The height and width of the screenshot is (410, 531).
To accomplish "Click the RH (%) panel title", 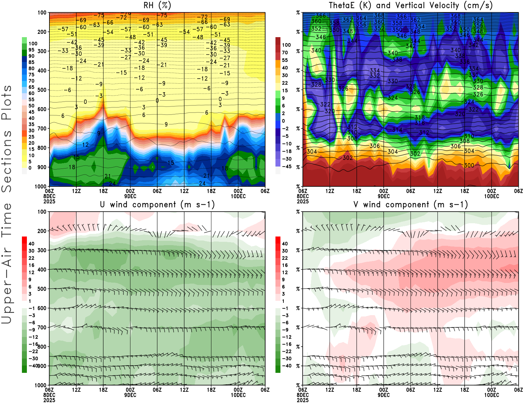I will point(157,6).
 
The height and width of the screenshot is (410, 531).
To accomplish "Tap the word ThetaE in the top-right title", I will point(344,6).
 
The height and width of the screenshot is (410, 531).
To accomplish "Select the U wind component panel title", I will point(157,205).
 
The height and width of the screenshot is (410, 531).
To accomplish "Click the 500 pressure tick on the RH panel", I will point(42,90).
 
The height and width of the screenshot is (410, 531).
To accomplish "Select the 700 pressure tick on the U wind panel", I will point(42,327).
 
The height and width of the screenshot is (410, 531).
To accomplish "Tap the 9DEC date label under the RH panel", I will point(130,196).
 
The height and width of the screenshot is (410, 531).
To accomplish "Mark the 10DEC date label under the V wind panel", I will point(492,395).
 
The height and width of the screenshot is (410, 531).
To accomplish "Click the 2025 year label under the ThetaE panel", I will point(303,201).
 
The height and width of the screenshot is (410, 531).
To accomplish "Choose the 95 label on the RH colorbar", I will point(31,50).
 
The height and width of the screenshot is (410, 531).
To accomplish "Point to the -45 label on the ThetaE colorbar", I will point(287,167).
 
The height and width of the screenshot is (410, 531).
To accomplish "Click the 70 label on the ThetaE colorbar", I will point(285,52).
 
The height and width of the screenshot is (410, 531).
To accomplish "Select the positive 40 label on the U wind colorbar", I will point(31,243).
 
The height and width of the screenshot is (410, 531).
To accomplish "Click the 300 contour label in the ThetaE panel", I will point(469,165).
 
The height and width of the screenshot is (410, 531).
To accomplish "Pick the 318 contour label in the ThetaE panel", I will point(419,117).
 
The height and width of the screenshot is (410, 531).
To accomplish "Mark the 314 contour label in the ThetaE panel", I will point(397,130).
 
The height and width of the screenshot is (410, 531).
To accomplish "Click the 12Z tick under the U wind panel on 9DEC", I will point(184,390).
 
